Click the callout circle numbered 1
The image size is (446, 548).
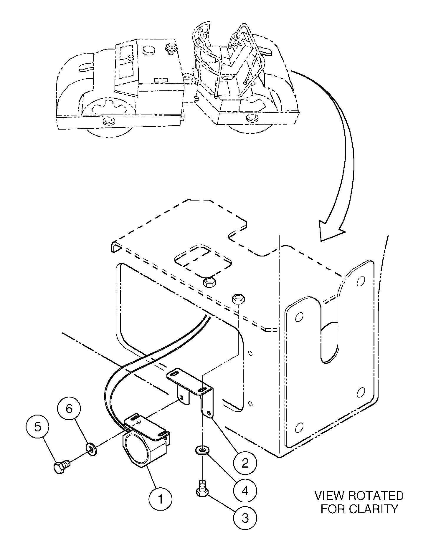point(161,499)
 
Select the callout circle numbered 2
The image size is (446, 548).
point(245,463)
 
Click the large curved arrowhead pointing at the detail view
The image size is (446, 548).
point(329,231)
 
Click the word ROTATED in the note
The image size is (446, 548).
point(376,496)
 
